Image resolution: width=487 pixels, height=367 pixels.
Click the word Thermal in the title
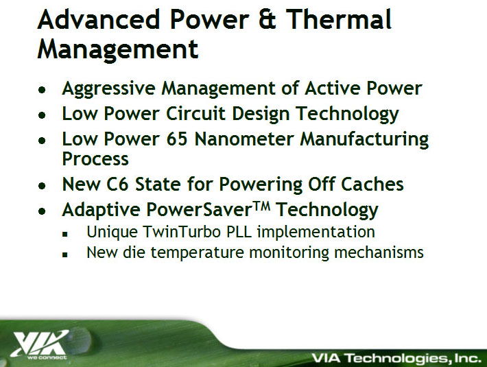(x=338, y=19)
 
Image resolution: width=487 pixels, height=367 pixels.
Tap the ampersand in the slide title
(x=267, y=20)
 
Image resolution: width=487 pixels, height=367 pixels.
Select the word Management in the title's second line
(x=118, y=49)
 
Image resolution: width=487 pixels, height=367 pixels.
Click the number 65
(x=177, y=139)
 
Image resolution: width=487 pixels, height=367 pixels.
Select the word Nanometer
(x=243, y=139)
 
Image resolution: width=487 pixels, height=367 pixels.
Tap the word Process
(x=95, y=159)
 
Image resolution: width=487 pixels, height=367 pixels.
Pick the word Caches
(x=372, y=184)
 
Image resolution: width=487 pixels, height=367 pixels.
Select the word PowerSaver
(x=199, y=210)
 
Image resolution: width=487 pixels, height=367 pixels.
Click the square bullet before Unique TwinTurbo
(x=65, y=234)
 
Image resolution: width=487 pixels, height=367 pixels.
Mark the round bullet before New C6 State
(x=42, y=186)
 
